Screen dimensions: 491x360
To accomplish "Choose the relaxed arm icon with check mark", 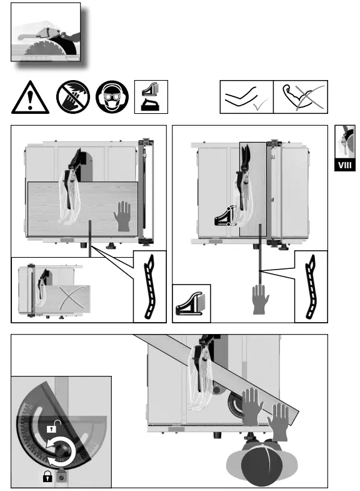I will (x=246, y=98).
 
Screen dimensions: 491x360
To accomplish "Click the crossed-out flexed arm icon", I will (x=300, y=98).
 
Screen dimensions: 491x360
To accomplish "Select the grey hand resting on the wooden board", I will (x=123, y=218).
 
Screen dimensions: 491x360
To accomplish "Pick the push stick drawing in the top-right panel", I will (x=311, y=286).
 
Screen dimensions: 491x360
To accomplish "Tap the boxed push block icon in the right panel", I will (x=192, y=303).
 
